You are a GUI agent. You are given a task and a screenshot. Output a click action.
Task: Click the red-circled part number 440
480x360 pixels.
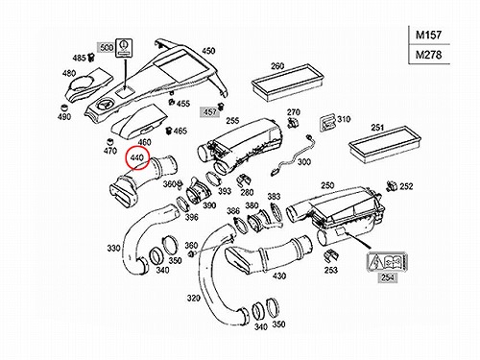pos(137,157)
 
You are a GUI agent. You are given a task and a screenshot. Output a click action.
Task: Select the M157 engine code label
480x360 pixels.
pos(428,35)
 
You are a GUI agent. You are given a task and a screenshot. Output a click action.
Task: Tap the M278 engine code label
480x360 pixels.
pos(428,55)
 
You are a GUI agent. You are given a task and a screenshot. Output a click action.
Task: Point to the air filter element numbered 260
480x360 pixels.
pos(287,83)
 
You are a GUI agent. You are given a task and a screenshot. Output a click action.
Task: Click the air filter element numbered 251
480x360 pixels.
pos(384,145)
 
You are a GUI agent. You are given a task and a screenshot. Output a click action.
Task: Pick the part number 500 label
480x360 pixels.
pos(107,48)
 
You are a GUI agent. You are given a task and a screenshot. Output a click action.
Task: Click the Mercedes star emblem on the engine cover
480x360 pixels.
pos(106,105)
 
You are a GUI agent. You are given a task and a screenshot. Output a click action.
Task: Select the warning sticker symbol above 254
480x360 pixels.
pos(387,262)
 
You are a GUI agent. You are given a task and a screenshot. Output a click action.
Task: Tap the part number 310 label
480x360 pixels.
pos(344,119)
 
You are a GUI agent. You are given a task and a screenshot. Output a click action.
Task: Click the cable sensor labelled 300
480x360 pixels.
pos(292,155)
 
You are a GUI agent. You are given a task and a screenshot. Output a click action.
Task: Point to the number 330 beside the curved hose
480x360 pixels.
pos(113,248)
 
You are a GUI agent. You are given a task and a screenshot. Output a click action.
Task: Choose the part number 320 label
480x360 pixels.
pos(194,299)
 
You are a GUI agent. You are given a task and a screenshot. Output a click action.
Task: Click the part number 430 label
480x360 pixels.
pos(279,276)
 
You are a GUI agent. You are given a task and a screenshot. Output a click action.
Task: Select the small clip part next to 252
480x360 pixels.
pos(391,185)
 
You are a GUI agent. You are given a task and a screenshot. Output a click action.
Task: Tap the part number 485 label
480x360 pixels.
pos(79,59)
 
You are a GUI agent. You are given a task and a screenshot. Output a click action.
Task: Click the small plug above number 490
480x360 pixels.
pos(65,107)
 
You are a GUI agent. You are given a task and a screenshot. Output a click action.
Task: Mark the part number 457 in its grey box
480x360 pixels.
pos(210,112)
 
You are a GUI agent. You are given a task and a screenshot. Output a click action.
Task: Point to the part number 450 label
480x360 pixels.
pos(208,51)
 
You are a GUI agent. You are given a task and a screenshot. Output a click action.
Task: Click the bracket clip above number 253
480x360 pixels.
pos(330,255)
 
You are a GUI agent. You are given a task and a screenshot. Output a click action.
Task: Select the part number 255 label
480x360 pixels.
pos(232,121)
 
